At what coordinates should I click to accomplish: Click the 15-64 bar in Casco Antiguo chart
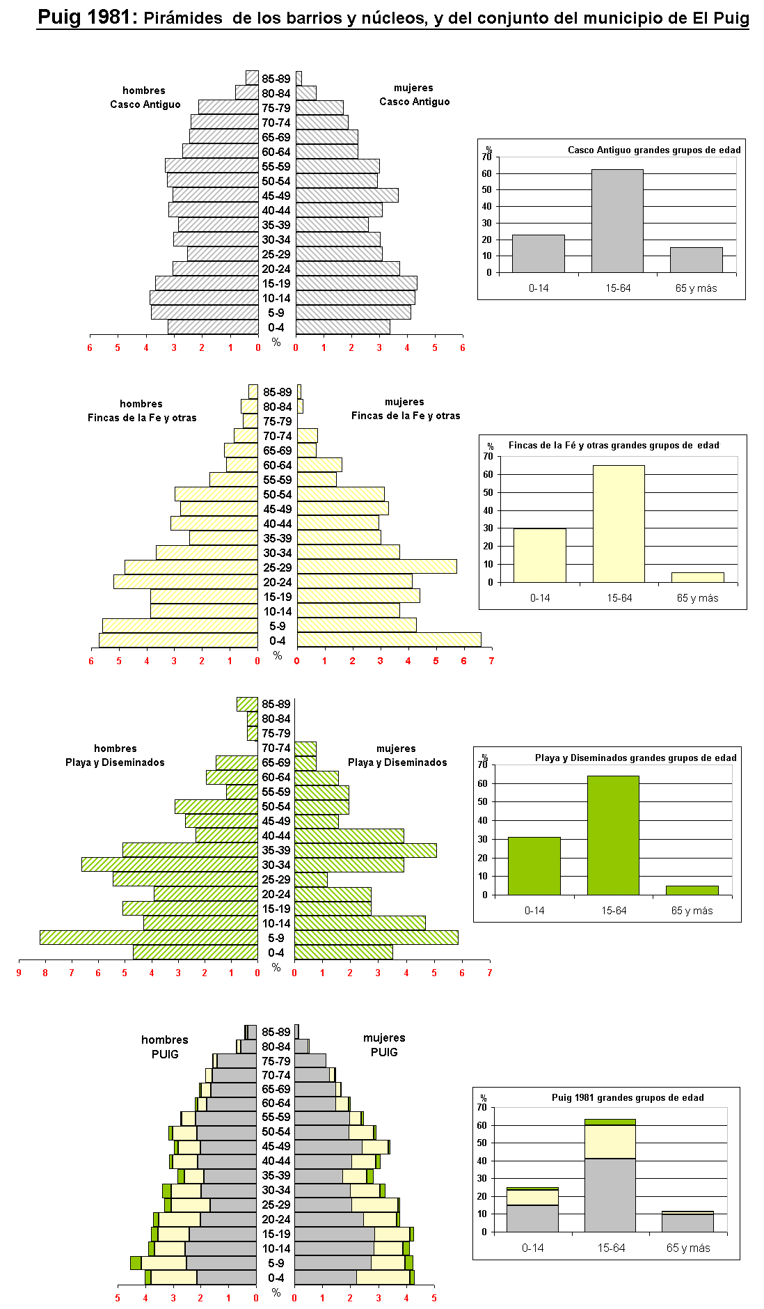617,221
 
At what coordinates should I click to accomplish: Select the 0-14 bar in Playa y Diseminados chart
534,865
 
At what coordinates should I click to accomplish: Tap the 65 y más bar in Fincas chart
697,577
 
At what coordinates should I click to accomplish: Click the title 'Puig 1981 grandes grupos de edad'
628,1097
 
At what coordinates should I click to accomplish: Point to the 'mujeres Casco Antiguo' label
414,95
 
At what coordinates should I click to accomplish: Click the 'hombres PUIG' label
165,1047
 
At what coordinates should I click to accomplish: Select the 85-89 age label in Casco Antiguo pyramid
276,79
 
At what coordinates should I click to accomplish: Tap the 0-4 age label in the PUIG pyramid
276,1278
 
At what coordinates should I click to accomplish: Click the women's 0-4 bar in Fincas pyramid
388,640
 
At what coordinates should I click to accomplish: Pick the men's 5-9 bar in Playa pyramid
148,938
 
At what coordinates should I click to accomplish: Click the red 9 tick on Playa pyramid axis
19,973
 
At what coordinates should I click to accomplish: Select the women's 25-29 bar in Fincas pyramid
376,567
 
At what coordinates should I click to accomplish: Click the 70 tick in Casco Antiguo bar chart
486,157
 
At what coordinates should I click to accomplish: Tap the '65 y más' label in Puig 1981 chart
688,1248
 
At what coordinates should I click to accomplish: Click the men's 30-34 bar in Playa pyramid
169,864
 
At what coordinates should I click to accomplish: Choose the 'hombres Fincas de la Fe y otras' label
142,411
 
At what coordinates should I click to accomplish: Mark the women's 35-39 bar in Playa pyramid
365,850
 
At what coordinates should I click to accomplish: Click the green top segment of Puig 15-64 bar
610,1122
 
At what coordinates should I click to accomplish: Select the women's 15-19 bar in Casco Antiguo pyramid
356,283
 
